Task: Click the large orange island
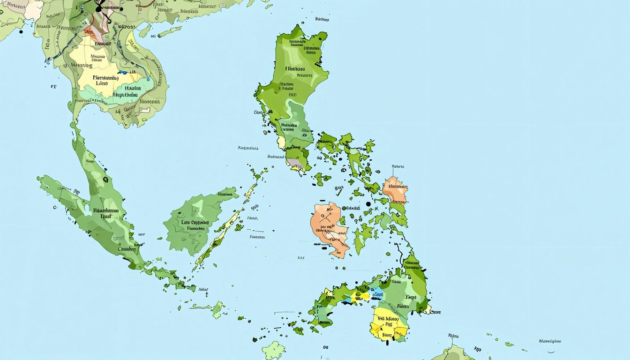tap(328, 225)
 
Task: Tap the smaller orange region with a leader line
tap(395, 189)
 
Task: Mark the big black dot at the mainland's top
tap(98, 8)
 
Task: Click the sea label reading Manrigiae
tap(550, 341)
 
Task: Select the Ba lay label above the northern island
tap(322, 19)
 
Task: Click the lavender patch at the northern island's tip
tap(293, 162)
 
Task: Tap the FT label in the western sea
tap(53, 87)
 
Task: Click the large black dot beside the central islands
tap(368, 204)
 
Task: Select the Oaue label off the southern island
tap(435, 311)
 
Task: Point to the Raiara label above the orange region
tap(398, 166)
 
